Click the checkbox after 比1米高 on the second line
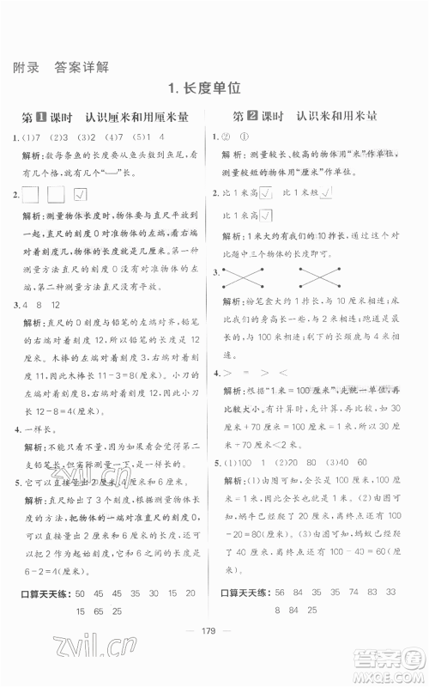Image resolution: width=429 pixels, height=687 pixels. [267, 214]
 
